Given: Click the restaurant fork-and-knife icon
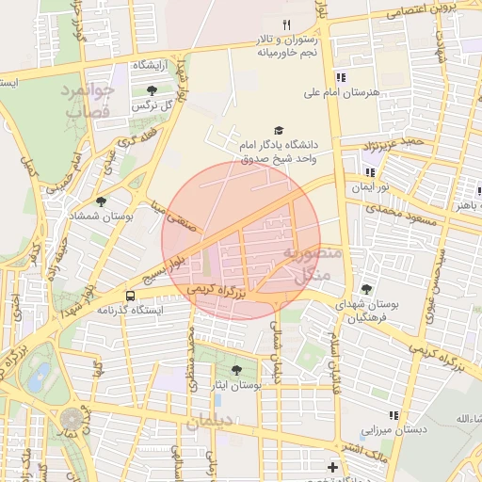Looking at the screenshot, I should tap(288, 24).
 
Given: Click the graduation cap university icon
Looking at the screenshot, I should tap(278, 130).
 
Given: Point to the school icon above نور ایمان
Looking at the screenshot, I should tap(370, 172).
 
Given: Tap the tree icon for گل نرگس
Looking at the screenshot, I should tap(152, 90).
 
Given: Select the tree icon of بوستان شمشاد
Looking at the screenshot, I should tap(101, 201).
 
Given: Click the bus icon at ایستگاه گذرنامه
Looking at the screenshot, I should tap(104, 295).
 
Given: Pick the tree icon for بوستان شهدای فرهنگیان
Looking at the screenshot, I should tap(366, 289).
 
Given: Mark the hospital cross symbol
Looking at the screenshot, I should tap(331, 467).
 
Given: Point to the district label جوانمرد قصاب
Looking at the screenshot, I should tap(88, 101).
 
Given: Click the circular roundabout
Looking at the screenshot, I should tap(72, 418).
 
